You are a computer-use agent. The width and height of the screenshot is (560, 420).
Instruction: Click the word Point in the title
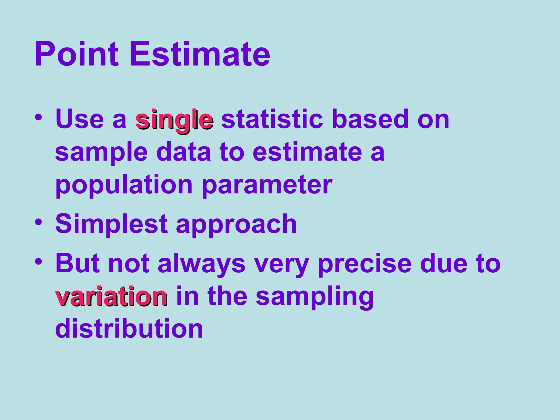coord(77,54)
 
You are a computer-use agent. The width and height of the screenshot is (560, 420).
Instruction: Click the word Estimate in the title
coord(200,54)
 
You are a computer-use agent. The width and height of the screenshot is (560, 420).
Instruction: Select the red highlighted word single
coord(174,120)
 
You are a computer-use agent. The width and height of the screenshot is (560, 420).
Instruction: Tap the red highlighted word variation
coord(111,296)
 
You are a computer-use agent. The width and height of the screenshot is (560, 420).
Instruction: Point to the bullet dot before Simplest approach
coord(38,221)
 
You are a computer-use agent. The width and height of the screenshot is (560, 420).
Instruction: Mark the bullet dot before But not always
coord(38,261)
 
